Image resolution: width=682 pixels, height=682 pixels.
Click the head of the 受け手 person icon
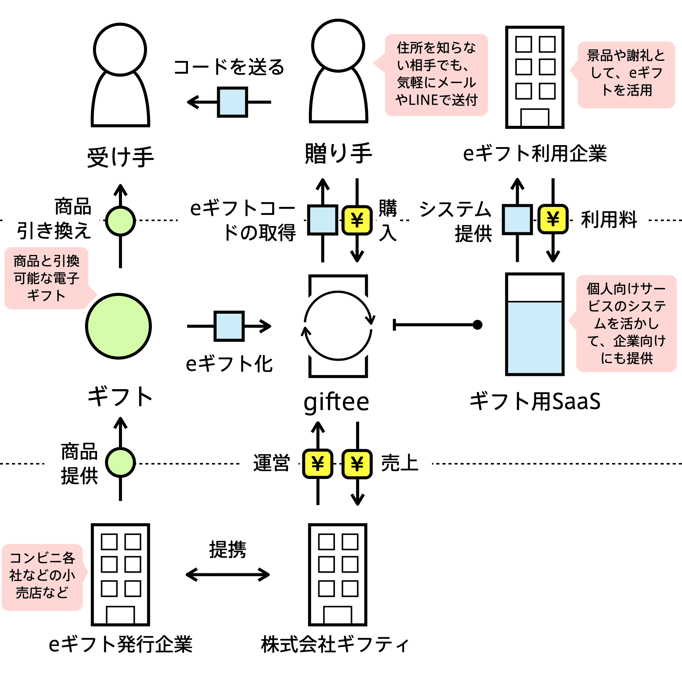(120, 50)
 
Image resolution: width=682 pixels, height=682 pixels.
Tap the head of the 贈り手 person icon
(338, 45)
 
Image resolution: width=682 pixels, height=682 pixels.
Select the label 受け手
(120, 157)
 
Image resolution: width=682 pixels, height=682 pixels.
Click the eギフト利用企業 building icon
(535, 77)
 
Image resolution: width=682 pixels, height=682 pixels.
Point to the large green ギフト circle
(119, 326)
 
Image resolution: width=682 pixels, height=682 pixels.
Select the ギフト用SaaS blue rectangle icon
(535, 324)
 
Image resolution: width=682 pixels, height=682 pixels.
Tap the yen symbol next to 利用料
(553, 219)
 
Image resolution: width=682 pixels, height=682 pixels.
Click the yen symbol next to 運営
(318, 463)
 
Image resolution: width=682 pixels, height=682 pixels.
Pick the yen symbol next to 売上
(357, 463)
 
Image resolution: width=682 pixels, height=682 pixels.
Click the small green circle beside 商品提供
(120, 463)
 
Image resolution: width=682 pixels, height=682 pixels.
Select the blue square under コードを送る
(233, 102)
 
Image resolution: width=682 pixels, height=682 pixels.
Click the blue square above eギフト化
(229, 326)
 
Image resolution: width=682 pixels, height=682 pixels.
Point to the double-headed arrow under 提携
(228, 574)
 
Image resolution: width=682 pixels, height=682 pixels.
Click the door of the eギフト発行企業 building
(120, 615)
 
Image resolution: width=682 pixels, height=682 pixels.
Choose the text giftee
(336, 402)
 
